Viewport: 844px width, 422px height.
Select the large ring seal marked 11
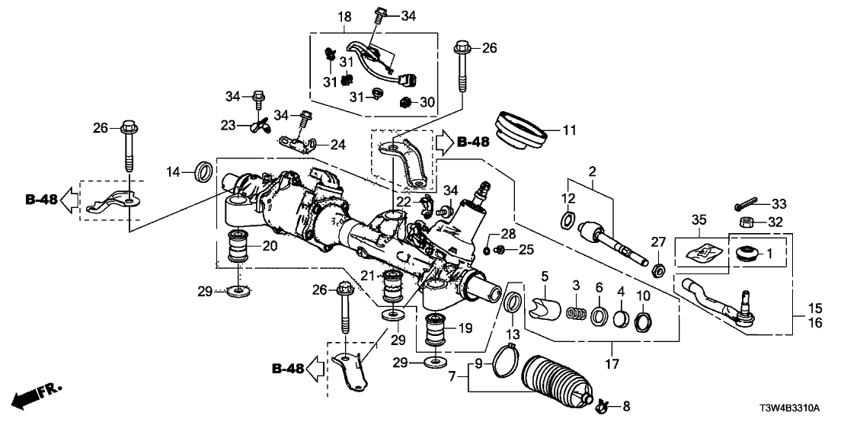(x=522, y=129)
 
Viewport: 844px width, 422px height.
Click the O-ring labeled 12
(x=566, y=222)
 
